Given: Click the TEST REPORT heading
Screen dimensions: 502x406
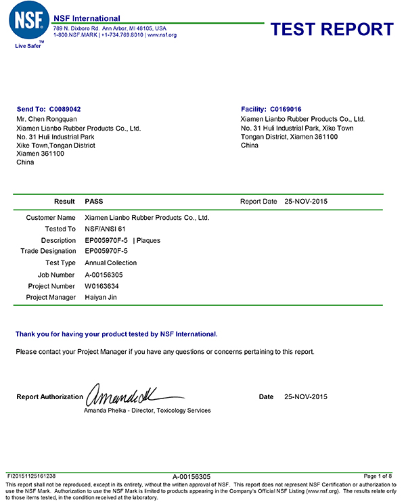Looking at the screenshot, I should click(x=332, y=29).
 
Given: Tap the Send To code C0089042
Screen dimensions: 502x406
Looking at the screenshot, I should click(x=68, y=109).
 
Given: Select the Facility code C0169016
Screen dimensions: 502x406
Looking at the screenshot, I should click(x=286, y=109).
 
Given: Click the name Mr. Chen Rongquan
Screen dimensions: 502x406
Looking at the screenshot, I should click(x=46, y=118).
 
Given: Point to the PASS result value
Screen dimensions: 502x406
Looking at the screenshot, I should click(x=94, y=202).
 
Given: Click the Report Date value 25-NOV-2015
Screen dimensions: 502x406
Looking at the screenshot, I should click(x=306, y=202).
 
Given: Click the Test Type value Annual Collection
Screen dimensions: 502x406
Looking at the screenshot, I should click(x=110, y=263).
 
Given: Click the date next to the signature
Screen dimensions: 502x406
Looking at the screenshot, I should click(x=305, y=397).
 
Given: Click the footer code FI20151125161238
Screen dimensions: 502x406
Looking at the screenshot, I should click(x=32, y=476).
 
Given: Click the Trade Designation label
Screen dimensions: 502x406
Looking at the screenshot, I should click(x=48, y=251).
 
